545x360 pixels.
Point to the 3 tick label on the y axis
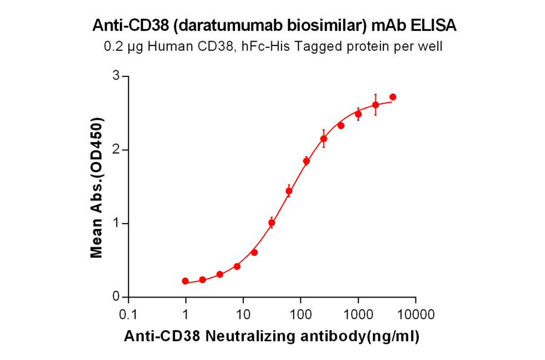[x=116, y=76]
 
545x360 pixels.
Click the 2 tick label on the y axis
[x=116, y=150]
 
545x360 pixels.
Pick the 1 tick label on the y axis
[x=116, y=224]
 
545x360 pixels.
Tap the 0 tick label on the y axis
[x=116, y=297]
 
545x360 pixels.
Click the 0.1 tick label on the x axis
[x=128, y=315]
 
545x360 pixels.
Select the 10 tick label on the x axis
[x=243, y=315]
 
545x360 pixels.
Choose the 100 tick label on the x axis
[x=300, y=315]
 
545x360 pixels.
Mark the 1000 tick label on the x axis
[x=358, y=315]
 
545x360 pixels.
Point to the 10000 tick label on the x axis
[x=415, y=315]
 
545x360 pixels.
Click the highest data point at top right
[x=392, y=97]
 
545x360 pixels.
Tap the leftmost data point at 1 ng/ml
[x=185, y=281]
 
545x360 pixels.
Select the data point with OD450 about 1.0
[x=272, y=223]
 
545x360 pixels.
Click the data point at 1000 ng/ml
[x=358, y=114]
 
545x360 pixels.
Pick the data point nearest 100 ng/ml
[x=306, y=161]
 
